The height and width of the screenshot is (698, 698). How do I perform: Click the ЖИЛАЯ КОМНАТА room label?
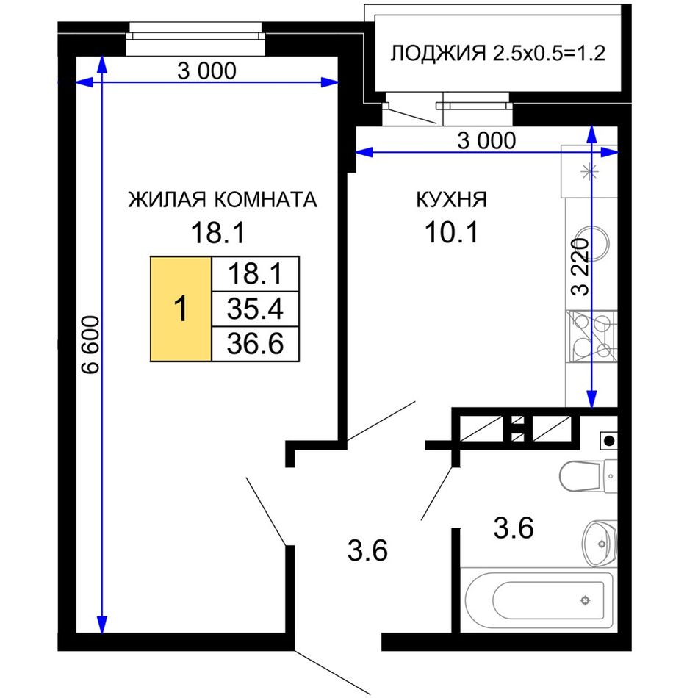point(223,199)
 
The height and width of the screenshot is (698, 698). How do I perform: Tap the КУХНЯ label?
point(451,199)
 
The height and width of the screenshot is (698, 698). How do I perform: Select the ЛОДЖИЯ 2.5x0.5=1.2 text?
point(497,54)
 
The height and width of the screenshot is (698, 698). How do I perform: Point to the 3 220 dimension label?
point(580,267)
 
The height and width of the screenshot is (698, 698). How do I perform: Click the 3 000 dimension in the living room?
point(206,71)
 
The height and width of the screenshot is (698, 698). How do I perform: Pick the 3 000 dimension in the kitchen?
point(486,140)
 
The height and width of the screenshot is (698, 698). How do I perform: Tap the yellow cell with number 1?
point(181,309)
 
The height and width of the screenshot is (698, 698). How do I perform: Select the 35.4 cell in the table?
point(255,309)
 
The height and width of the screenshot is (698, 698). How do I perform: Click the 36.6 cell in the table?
point(255,344)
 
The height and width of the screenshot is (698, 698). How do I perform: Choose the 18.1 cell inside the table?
point(255,274)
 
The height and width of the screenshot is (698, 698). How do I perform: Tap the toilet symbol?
point(588,476)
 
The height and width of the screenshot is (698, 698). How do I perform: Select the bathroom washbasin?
point(599,544)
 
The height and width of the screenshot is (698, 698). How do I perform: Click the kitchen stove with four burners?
point(591,336)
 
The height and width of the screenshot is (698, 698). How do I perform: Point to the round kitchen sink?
point(591,243)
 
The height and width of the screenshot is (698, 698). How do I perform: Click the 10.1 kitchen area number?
point(451,232)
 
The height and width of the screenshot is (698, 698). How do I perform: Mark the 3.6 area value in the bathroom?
point(514,528)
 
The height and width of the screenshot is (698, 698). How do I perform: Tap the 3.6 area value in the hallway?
point(367,550)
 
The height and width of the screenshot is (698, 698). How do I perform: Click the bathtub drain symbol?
point(585,600)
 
